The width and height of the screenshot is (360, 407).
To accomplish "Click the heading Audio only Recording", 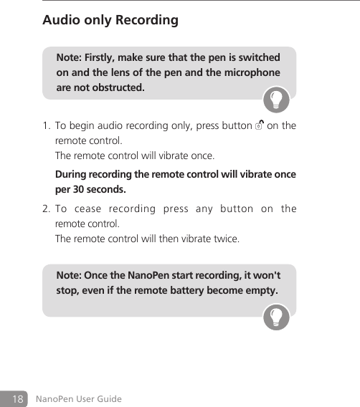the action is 110,20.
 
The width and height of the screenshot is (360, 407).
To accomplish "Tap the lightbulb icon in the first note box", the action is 276,99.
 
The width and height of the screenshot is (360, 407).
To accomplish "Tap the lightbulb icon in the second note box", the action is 276,317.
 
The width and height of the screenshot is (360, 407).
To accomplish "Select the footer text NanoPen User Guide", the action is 78,398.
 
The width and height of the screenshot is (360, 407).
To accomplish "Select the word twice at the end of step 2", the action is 225,238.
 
